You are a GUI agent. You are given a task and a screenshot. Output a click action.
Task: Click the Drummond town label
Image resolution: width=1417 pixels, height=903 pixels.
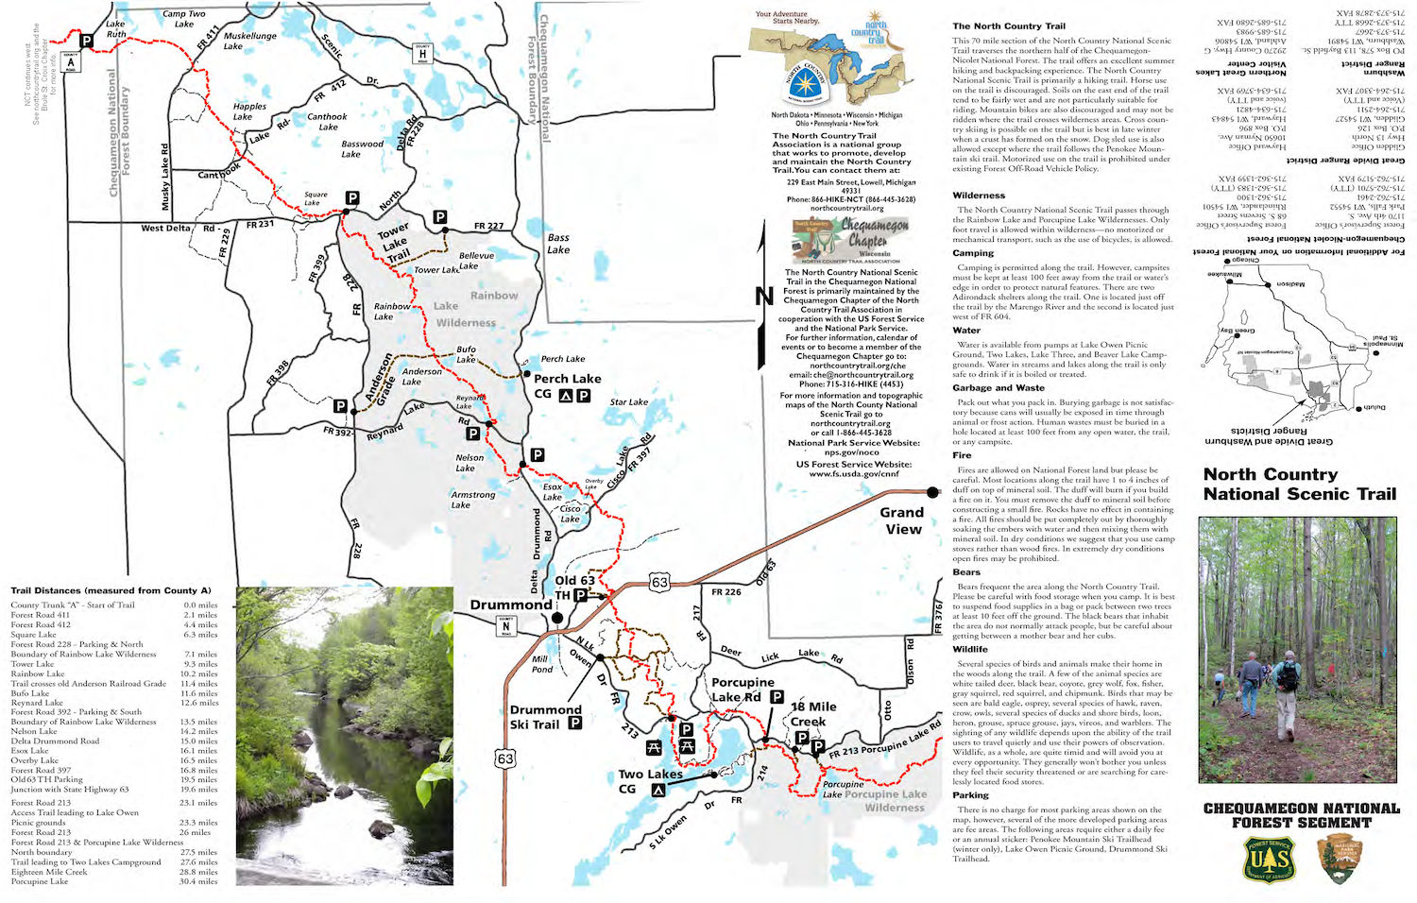pos(511,605)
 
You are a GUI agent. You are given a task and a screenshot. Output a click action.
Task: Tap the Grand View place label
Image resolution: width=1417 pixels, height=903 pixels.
pos(902,520)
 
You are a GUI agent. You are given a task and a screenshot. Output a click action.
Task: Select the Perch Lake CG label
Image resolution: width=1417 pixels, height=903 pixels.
pos(567,385)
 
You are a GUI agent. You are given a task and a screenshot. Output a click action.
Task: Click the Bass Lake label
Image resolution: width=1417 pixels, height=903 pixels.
pos(558,244)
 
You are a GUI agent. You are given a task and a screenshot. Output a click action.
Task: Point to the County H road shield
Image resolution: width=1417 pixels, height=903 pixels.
pos(422,54)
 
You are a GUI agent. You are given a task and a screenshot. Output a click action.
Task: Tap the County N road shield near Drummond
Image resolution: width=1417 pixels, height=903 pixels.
pos(505,624)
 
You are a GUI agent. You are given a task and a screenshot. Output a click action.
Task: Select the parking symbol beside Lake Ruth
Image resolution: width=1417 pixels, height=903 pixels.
pos(86,41)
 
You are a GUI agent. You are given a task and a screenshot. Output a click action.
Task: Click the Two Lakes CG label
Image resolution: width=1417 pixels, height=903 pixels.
pos(650,780)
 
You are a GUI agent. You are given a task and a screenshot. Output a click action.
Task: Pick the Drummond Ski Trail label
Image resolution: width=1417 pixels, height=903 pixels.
pos(545,717)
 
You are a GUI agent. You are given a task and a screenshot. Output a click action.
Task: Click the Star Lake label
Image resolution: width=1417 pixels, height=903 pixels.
pos(628,402)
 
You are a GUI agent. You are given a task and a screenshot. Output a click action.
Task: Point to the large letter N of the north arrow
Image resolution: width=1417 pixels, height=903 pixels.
pos(764,298)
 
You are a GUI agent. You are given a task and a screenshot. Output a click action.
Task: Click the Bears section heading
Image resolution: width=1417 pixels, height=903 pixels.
pos(965,572)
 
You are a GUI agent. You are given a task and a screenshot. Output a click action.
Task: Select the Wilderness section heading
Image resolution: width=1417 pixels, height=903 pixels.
pos(979,196)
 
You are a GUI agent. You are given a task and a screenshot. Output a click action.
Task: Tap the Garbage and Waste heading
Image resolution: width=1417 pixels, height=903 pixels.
pos(999,388)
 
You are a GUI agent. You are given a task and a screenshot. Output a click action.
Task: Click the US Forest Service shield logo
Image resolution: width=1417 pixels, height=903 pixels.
pos(1268,859)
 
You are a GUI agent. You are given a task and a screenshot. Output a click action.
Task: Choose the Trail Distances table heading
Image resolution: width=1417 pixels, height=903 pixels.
pos(111,590)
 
